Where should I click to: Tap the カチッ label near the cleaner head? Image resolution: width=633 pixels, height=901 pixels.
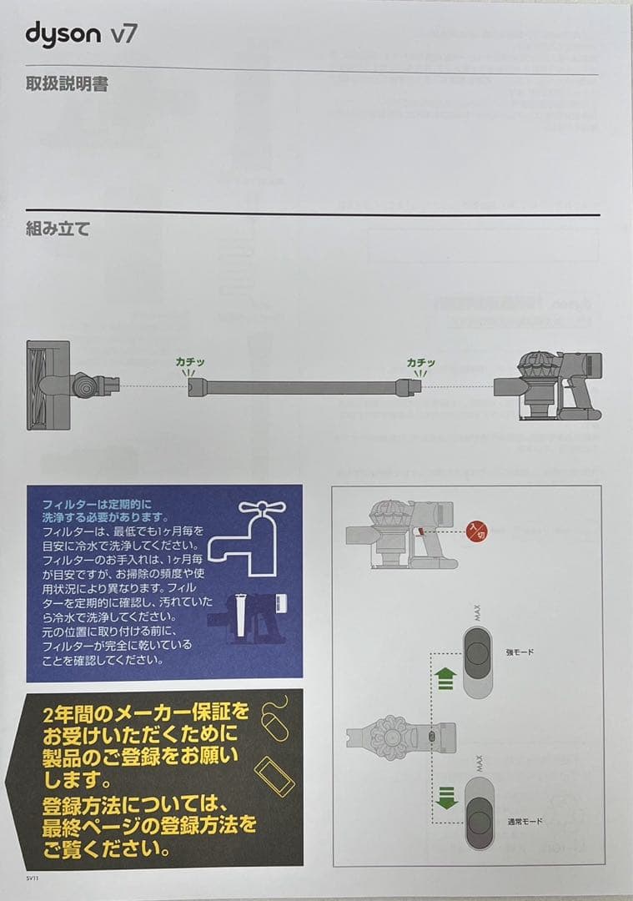(189, 362)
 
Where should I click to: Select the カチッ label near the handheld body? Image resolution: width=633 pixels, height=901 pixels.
(421, 362)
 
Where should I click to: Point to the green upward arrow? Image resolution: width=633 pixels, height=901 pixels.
(445, 678)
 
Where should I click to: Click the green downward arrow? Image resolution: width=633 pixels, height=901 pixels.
(446, 798)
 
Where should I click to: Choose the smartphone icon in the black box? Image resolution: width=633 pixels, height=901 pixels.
(274, 776)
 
